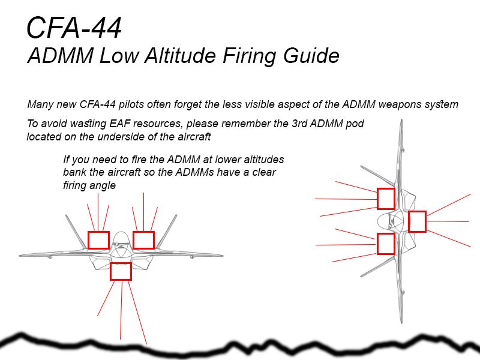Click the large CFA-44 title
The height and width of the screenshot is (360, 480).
click(74, 28)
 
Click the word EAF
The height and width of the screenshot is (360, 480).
click(105, 124)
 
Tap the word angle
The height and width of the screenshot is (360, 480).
click(102, 185)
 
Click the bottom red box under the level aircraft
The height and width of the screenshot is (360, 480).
click(121, 271)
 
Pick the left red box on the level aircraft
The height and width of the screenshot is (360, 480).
click(98, 240)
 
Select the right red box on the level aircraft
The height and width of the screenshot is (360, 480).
click(143, 240)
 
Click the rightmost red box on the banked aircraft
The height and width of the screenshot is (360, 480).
click(417, 221)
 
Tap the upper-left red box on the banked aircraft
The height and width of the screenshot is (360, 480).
click(386, 199)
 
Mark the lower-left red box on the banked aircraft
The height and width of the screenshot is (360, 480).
click(386, 244)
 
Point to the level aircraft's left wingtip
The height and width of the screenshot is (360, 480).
click(21, 255)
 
